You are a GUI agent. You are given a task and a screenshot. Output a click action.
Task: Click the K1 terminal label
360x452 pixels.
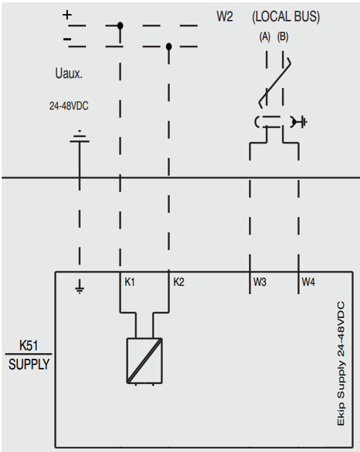[x=130, y=282]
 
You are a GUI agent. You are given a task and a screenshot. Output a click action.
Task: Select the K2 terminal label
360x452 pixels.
[x=179, y=282]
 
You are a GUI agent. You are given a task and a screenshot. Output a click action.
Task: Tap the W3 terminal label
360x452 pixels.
[x=260, y=282]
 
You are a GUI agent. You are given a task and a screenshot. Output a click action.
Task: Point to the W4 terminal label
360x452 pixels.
[x=308, y=282]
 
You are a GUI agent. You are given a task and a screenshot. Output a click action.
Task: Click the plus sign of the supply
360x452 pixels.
[x=67, y=15]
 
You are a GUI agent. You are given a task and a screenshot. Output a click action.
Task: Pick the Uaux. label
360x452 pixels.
[x=68, y=74]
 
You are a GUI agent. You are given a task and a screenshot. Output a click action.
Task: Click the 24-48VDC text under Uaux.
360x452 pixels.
[x=68, y=107]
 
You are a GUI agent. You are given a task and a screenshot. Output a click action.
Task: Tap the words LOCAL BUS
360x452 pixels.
[x=286, y=17]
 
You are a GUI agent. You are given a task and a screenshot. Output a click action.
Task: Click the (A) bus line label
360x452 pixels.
[x=265, y=37]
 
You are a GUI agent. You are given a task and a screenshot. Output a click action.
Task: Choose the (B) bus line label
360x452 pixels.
[x=283, y=37]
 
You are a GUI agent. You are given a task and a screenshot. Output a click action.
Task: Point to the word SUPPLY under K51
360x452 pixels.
[x=29, y=365]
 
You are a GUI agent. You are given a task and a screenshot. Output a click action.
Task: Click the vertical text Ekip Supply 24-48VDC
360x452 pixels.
[x=341, y=363]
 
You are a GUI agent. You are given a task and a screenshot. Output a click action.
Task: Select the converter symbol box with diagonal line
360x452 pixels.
[x=144, y=361]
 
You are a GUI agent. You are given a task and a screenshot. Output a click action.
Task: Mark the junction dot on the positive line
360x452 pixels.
[x=120, y=26]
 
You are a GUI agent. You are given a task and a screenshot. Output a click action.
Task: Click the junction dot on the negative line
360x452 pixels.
[x=169, y=46]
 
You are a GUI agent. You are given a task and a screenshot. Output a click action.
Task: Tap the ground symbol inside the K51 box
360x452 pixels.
[x=80, y=287]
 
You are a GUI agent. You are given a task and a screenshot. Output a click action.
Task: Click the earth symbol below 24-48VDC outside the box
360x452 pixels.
[x=80, y=137]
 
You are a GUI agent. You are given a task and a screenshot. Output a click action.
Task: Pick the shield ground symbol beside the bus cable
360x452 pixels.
[x=300, y=122]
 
